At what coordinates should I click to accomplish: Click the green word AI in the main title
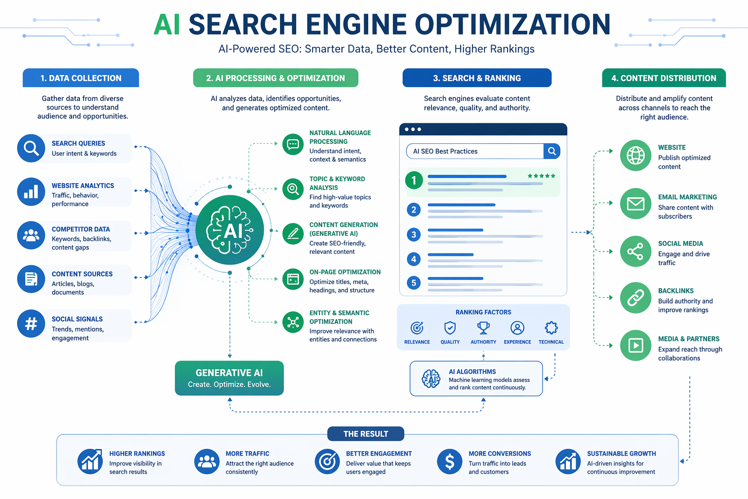[167, 24]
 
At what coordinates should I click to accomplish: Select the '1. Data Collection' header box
[81, 78]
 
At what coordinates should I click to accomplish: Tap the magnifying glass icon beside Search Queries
[31, 148]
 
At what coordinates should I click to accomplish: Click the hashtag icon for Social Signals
[31, 324]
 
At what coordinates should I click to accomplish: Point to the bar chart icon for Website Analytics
[31, 192]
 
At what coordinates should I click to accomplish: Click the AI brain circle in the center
[229, 230]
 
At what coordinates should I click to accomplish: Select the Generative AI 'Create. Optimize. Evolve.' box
[229, 378]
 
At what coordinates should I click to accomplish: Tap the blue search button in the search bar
[552, 151]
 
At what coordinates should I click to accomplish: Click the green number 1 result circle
[414, 180]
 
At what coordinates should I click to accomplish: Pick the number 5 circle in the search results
[414, 283]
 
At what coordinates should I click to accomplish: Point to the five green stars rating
[542, 176]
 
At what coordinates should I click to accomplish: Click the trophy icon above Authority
[483, 328]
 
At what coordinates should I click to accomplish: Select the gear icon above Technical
[551, 328]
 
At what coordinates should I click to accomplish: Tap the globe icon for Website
[636, 155]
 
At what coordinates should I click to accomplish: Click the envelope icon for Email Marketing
[636, 204]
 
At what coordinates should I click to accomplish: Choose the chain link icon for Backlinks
[636, 298]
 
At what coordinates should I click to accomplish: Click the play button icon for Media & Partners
[636, 345]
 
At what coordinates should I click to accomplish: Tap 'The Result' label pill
[366, 434]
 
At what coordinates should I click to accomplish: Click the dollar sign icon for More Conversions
[449, 461]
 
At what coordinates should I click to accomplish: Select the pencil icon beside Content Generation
[293, 233]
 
